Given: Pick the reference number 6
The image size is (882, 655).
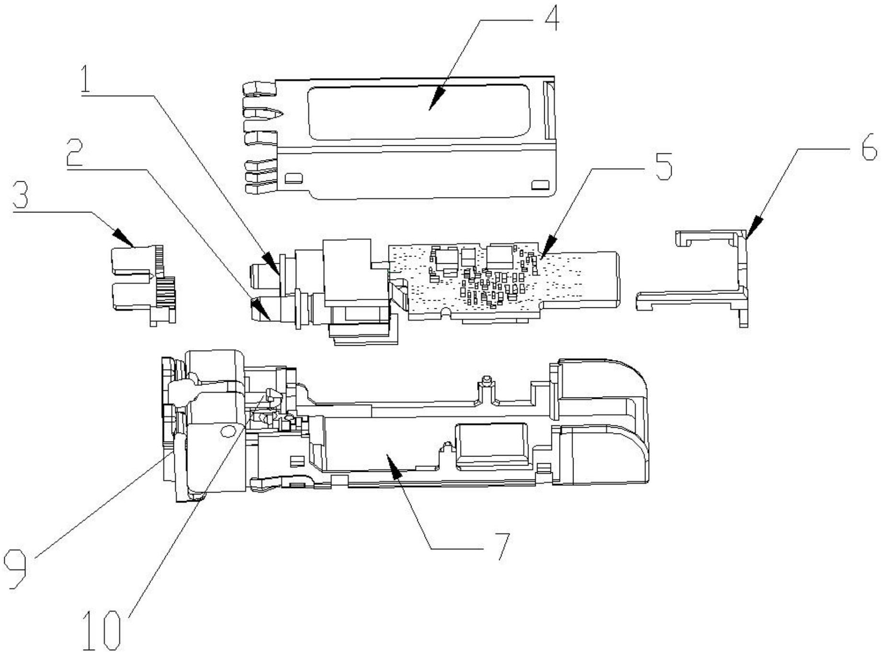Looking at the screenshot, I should tap(868, 149).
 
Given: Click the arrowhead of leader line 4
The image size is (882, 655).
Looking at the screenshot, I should tap(431, 107).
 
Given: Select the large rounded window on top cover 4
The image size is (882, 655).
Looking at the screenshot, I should tap(419, 113).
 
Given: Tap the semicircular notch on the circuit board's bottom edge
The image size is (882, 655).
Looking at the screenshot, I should tap(446, 314).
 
